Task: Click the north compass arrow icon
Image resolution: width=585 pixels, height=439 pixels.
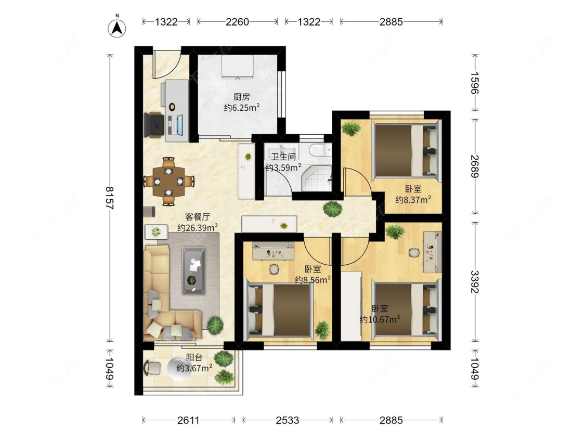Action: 117,27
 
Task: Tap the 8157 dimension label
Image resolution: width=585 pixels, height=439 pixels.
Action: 110,198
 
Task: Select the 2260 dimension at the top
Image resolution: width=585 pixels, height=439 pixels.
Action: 237,22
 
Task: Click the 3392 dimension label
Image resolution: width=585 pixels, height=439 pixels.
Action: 475,282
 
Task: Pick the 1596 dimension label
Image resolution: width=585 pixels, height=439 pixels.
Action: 475,83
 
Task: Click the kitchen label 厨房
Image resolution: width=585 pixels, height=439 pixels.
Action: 241,97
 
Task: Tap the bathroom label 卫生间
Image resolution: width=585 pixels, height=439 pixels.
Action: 283,157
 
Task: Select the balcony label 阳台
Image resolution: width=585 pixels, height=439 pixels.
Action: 194,357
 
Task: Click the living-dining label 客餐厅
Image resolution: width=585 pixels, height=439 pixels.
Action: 198,217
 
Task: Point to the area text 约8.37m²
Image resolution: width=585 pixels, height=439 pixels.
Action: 413,199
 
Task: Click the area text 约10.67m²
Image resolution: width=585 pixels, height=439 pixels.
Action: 380,319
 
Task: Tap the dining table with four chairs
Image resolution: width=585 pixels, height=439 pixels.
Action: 169,182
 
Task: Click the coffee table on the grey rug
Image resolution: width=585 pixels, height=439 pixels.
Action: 193,270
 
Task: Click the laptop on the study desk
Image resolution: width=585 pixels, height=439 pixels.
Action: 175,125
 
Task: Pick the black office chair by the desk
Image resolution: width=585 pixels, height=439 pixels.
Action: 154,124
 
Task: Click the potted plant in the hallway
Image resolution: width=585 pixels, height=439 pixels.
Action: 332,209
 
